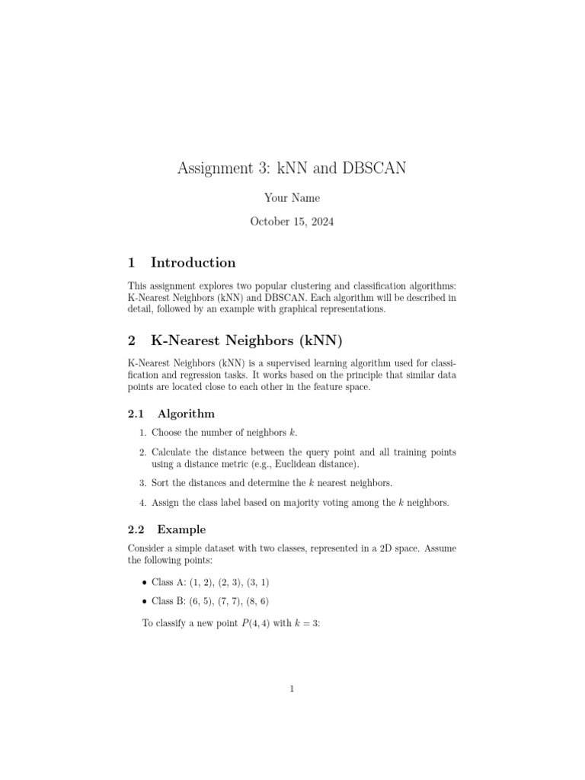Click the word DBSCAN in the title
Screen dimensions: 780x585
tap(372, 168)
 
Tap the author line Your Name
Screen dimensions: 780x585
tap(292, 198)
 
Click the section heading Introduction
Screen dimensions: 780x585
tap(193, 263)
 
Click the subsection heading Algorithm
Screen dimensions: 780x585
tap(186, 414)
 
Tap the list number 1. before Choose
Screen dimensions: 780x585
tap(142, 433)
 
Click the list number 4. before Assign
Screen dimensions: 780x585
tap(142, 503)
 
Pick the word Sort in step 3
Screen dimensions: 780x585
tap(161, 483)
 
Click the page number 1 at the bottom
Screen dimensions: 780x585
tap(292, 689)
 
